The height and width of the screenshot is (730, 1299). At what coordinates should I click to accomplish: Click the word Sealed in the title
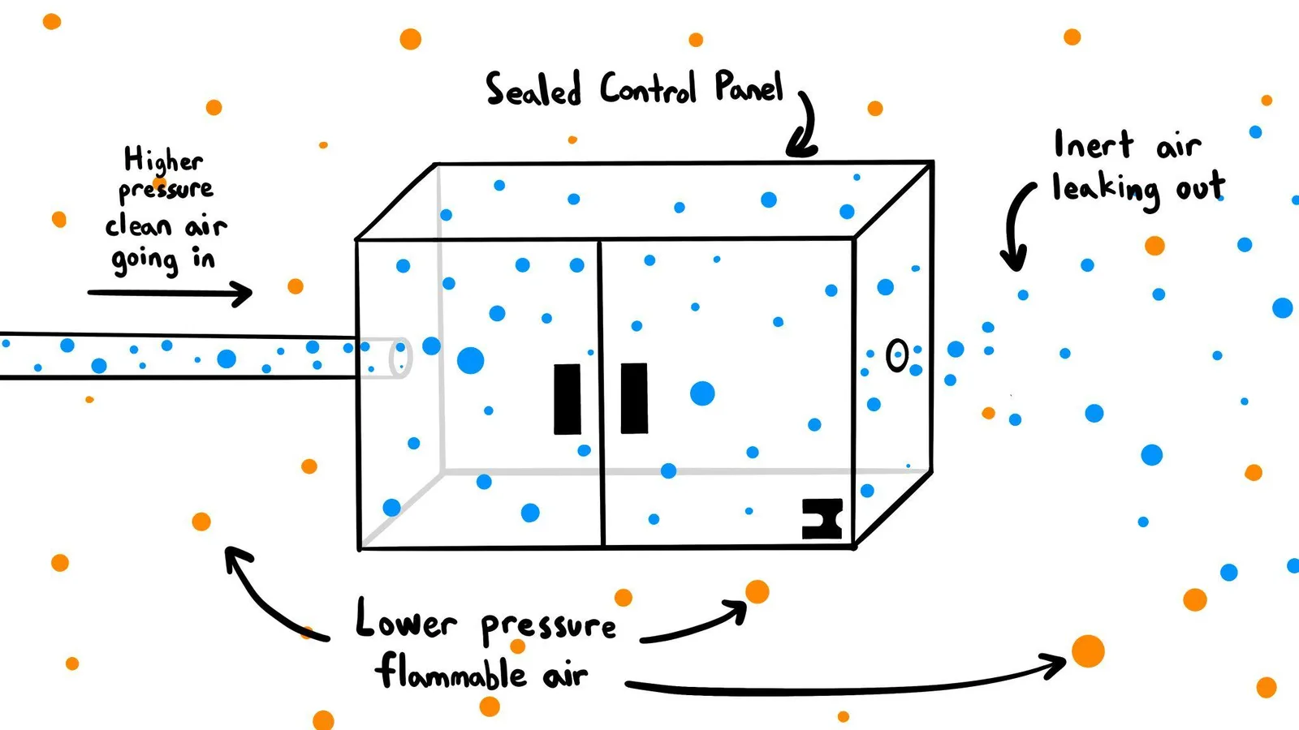tap(533, 89)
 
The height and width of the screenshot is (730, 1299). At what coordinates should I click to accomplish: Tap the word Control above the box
tap(648, 88)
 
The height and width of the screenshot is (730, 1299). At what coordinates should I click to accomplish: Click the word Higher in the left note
tap(163, 159)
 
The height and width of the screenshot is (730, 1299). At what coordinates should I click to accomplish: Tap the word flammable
tap(452, 672)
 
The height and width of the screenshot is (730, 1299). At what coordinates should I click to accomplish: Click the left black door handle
tap(568, 398)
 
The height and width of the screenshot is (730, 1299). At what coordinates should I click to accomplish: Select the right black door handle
tap(634, 398)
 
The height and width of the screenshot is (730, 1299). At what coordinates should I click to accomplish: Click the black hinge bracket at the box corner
tap(822, 518)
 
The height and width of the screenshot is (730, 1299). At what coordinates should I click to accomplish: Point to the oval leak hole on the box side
tap(897, 355)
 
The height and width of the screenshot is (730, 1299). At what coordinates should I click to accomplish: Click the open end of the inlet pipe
tap(401, 358)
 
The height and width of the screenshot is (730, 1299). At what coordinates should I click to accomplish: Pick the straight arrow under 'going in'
tap(170, 293)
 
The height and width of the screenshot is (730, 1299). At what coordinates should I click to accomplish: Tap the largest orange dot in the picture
tap(1088, 651)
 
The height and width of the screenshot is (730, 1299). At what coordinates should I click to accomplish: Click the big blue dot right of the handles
tap(702, 393)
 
